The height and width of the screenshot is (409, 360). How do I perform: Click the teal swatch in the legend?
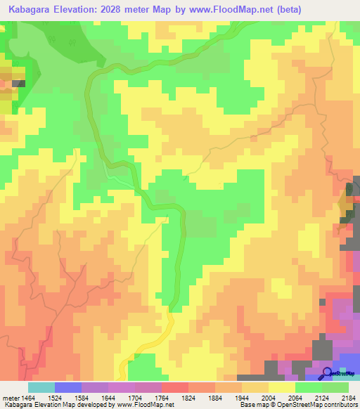pos(41,388)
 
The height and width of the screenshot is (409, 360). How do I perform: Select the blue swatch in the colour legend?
pos(68,388)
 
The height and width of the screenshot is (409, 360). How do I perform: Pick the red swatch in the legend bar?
pos(175,388)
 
